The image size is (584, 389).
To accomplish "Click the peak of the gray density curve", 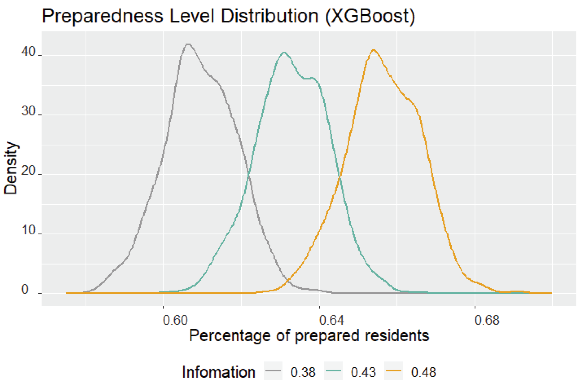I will point(188,44).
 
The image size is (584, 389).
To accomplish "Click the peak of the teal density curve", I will point(284,53).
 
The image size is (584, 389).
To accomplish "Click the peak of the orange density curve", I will point(374,50).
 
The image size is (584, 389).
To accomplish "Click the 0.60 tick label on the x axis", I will point(175,320).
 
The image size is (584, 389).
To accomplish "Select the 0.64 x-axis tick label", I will point(331,320).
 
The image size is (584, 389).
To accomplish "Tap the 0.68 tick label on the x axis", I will point(487,320).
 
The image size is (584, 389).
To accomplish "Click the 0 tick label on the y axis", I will point(25,289).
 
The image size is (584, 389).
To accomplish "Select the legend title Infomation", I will point(219,372).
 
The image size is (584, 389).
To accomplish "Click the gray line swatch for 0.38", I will point(273,371).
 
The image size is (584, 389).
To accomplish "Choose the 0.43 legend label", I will point(363,372).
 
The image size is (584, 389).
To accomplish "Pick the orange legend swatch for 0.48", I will point(393,371).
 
